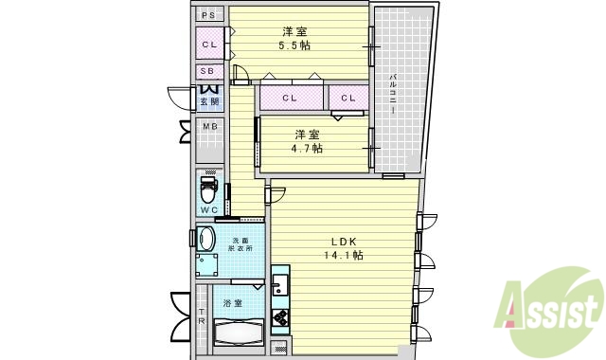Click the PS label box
click(x=209, y=15)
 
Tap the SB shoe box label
click(x=209, y=71)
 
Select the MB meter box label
click(x=209, y=126)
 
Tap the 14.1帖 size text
click(x=345, y=255)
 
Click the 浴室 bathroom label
click(x=232, y=303)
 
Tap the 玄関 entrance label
click(x=209, y=101)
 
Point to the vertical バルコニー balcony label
click(x=391, y=89)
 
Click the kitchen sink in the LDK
click(x=280, y=283)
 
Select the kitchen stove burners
click(x=280, y=315)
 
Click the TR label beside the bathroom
click(x=202, y=318)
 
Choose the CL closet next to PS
click(x=209, y=44)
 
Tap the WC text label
click(x=209, y=209)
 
